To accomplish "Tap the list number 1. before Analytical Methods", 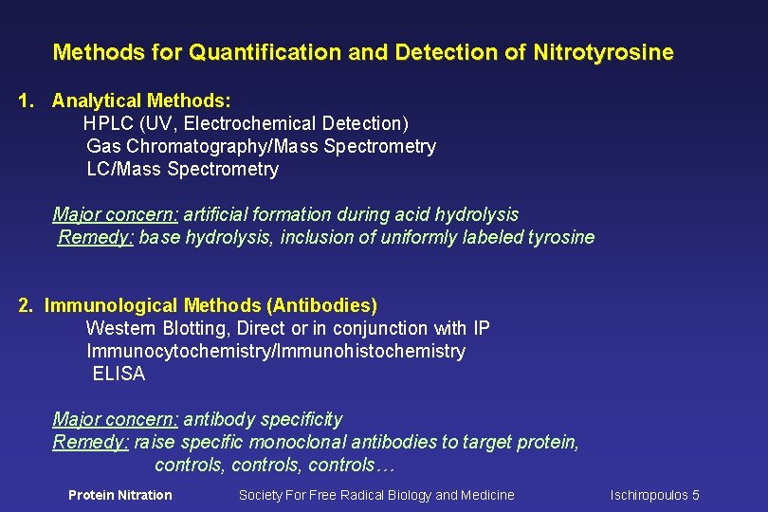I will tap(27, 101).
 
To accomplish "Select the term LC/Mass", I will tap(124, 169).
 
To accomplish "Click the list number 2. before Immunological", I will tap(27, 305).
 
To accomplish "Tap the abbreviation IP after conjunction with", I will tap(482, 328).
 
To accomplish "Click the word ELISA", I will tap(119, 374).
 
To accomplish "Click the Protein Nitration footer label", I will tap(120, 495).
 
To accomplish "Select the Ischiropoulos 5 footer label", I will tap(654, 495).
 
